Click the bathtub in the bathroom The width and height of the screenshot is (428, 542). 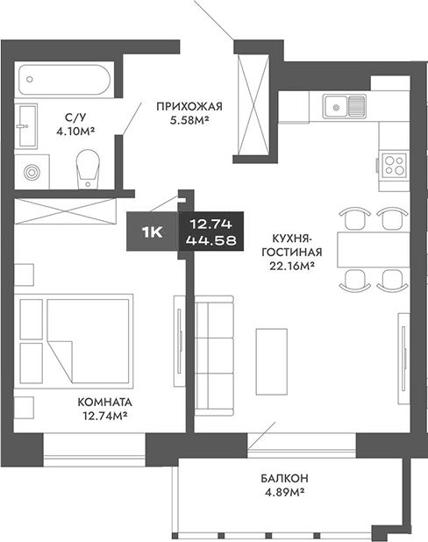click(x=66, y=81)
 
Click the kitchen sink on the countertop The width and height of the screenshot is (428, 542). click(x=345, y=107)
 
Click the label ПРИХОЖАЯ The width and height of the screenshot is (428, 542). click(x=189, y=107)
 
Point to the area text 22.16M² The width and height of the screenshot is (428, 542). click(x=292, y=267)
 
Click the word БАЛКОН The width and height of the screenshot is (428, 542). click(x=282, y=478)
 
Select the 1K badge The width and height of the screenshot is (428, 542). click(x=151, y=231)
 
